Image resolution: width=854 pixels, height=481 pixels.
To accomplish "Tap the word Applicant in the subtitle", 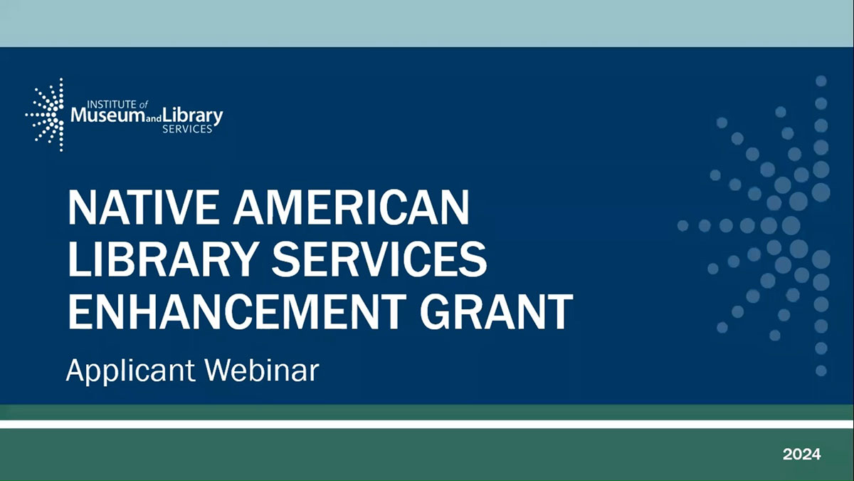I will pos(127,371).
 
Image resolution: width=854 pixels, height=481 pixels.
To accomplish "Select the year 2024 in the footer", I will pos(802,454).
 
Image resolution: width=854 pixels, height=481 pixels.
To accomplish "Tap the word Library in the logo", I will pos(192,116).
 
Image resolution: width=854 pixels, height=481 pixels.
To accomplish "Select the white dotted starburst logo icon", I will pos(45,115).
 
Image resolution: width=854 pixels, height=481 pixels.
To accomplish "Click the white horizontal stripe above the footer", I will pos(427,424).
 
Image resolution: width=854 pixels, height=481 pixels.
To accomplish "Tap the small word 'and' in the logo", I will pos(150,119).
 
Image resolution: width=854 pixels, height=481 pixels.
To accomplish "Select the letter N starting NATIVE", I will pos(84,208).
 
